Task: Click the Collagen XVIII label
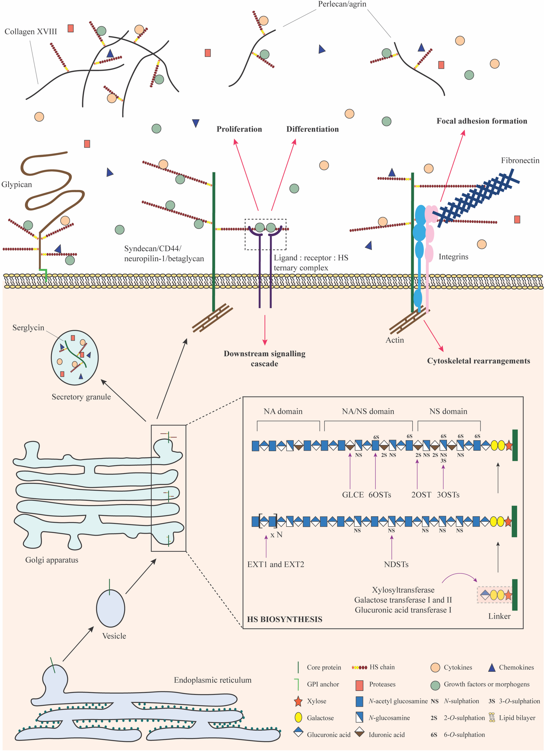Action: coord(30,32)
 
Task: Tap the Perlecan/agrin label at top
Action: coord(342,4)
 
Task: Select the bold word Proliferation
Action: coord(239,129)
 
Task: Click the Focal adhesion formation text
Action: coord(481,121)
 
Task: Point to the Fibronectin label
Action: coord(520,161)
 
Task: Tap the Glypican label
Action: coord(17,184)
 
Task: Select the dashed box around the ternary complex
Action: coord(265,234)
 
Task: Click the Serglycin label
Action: coord(28,328)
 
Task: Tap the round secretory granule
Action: coord(75,357)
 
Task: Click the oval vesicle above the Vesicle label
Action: coord(110,608)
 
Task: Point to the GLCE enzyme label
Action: coord(353,495)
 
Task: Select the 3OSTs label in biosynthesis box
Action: coord(448,495)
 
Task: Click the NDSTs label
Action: coord(396,564)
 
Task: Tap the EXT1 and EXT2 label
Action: coord(276,564)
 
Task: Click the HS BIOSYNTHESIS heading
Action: coord(285,619)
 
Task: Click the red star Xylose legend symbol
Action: coord(298,701)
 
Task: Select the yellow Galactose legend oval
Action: coord(298,718)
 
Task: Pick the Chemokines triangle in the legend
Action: coord(492,667)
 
